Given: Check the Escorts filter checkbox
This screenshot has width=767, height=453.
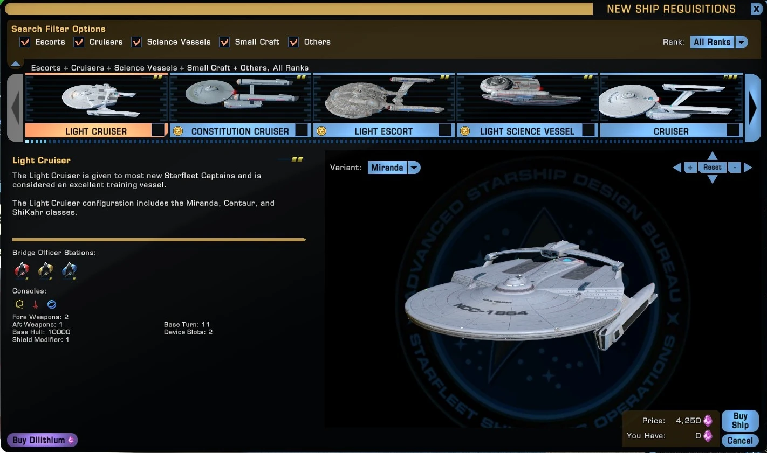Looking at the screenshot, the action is pos(25,42).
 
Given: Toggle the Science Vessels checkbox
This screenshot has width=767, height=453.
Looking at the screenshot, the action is pos(136,42).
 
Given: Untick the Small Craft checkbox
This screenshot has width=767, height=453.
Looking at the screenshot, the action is pos(224,42).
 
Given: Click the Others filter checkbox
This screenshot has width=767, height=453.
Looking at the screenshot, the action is pos(293,42).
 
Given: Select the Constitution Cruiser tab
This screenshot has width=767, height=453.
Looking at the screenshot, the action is pos(240,131).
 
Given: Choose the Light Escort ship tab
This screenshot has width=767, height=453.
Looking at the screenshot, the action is pos(383,131).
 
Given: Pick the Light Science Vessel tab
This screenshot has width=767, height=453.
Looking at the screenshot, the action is pos(527,131).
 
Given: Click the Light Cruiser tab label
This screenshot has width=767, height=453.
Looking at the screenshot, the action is pos(96,131).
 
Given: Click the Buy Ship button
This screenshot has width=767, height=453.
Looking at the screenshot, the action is pos(739,420).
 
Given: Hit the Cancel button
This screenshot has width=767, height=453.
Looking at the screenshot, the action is pos(739,441).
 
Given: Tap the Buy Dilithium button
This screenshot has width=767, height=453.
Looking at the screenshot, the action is pos(42,440).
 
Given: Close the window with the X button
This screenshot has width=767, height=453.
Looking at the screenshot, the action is pos(756,9).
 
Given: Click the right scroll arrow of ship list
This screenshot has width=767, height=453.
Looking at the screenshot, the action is pos(752,108).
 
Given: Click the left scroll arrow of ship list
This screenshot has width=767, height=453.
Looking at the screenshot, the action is pos(15,108).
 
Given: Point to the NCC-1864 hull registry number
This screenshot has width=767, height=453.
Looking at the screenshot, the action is pos(490,309).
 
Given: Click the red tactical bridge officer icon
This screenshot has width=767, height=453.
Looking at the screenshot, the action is pos(22,270).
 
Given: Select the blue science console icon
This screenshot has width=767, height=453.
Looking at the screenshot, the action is pos(52,304).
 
